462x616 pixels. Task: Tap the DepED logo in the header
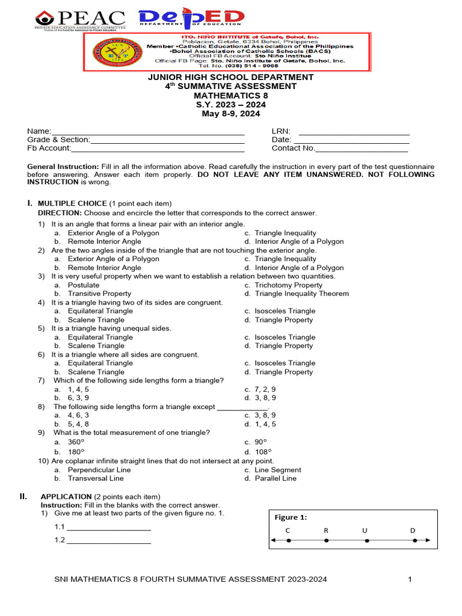point(191,19)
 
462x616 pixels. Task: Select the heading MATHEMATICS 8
point(231,95)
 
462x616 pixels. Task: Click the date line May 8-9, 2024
point(231,113)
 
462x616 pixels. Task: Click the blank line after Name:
point(148,132)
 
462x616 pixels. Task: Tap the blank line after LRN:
point(354,132)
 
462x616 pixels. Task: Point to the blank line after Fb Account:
point(158,149)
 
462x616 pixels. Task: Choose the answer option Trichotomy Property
point(288,285)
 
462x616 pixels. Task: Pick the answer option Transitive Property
point(99,294)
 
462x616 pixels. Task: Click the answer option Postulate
point(84,285)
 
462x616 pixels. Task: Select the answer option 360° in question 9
point(76,442)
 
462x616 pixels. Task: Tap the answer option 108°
point(263,452)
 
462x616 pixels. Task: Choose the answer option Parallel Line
point(276,478)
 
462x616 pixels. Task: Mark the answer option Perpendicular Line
point(99,470)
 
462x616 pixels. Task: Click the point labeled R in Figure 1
point(326,541)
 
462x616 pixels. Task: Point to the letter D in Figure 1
point(413,531)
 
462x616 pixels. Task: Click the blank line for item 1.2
point(108,541)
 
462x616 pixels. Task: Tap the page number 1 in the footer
point(410,579)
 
